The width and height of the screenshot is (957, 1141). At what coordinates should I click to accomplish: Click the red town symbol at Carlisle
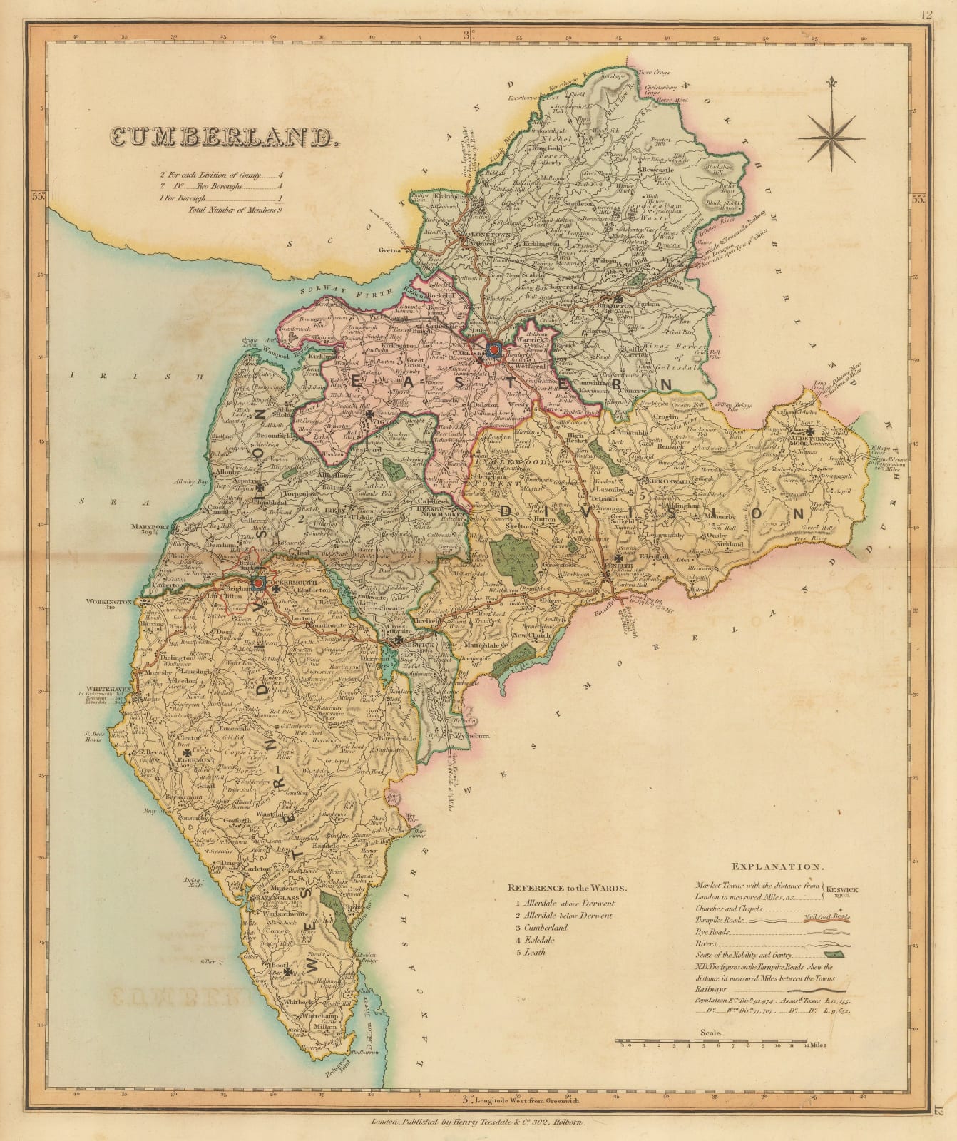494,350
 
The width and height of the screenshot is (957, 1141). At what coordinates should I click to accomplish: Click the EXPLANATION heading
777,867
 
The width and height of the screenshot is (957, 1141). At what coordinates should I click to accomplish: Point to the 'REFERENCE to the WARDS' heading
567,889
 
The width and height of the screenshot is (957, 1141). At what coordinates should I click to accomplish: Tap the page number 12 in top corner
946,12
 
